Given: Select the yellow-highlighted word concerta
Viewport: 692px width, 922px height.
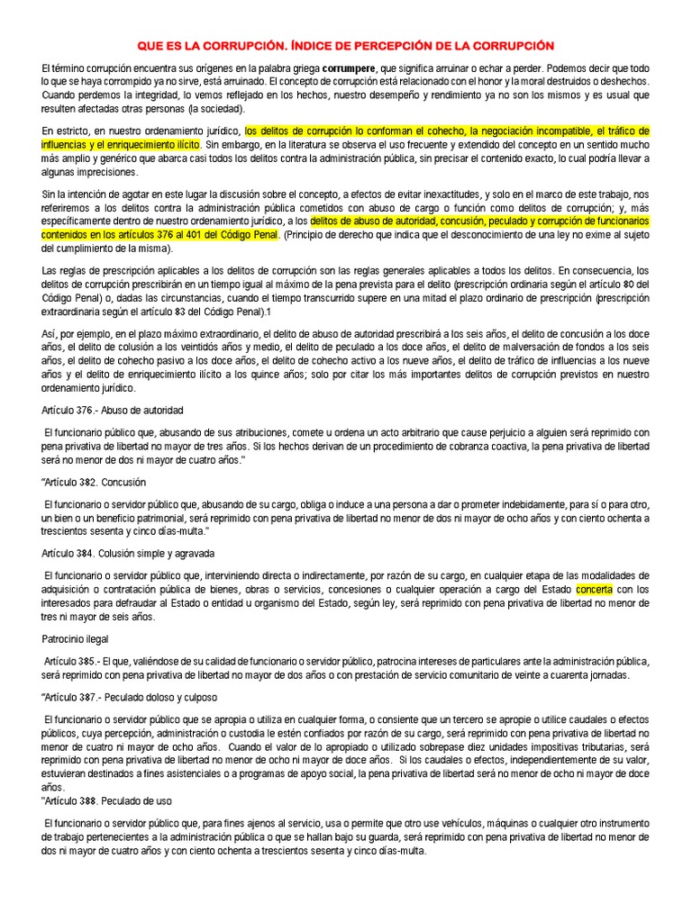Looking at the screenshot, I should tap(594, 590).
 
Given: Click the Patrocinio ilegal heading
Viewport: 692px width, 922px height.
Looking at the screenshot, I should tap(75, 638).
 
